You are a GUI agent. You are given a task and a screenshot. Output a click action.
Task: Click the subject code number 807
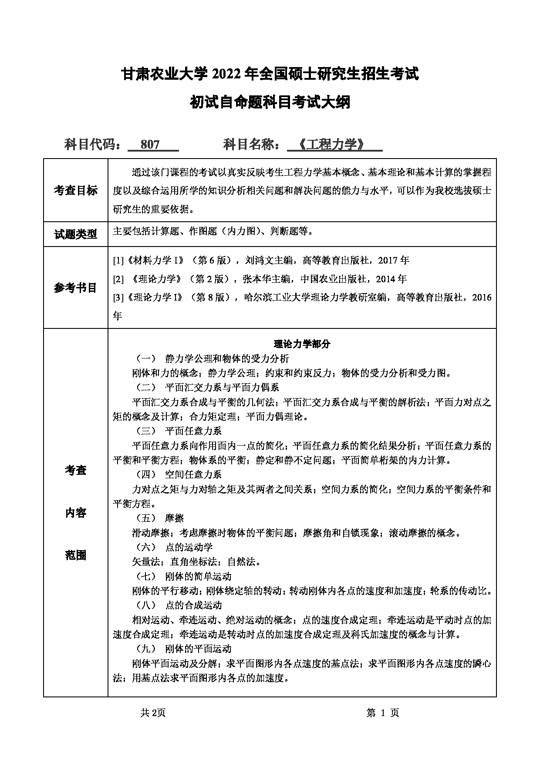(x=150, y=145)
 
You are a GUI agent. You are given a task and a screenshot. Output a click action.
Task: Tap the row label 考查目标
(x=76, y=190)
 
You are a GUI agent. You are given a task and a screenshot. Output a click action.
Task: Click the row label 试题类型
(x=76, y=234)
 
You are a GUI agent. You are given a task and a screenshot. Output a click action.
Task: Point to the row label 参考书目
(x=76, y=287)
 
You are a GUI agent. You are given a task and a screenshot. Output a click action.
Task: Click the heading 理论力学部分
(x=302, y=344)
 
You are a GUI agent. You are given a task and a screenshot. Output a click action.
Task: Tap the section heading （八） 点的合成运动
(x=179, y=605)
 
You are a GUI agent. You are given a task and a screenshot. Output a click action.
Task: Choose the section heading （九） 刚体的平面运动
(x=184, y=649)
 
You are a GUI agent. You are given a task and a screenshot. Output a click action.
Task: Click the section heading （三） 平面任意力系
(x=179, y=431)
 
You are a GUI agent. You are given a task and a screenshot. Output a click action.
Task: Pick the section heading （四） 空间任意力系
(x=179, y=474)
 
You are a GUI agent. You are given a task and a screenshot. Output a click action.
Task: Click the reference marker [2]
(x=118, y=279)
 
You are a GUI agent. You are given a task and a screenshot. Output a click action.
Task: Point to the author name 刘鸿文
(x=260, y=260)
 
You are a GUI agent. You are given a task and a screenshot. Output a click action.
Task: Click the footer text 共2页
(x=153, y=713)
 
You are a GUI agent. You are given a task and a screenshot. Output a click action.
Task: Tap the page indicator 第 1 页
(x=383, y=713)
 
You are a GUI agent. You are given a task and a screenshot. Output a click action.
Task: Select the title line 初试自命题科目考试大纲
(x=270, y=102)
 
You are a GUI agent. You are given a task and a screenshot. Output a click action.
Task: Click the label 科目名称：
(x=252, y=145)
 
